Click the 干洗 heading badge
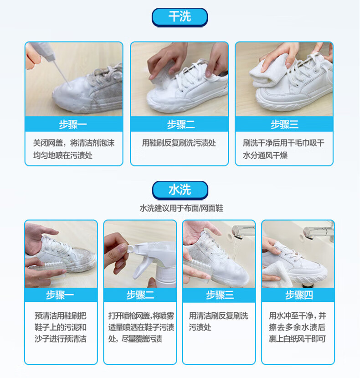pos(180,17)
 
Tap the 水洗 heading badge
pos(180,190)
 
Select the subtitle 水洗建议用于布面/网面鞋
pos(181,208)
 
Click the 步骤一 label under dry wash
pos(73,124)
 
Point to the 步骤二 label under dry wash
pos(181,124)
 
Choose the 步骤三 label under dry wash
pos(284,124)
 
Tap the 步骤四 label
pos(299,295)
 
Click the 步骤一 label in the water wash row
pos(60,295)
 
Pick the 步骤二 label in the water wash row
pos(140,295)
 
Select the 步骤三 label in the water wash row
pos(220,295)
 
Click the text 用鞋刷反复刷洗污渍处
pos(179,143)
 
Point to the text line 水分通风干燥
pos(265,155)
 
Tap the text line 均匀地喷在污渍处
pos(63,155)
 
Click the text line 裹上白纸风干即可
pos(298,339)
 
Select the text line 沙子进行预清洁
pos(61,339)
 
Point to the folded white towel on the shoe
pos(270,72)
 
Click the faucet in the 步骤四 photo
pos(319,231)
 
